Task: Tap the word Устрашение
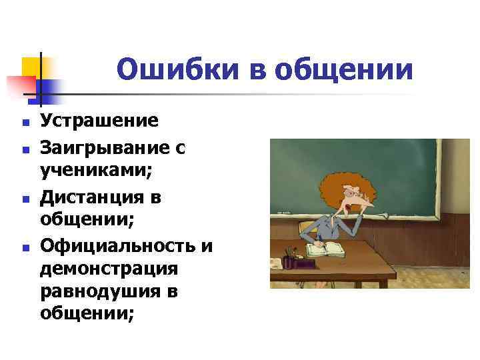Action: click(99, 121)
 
